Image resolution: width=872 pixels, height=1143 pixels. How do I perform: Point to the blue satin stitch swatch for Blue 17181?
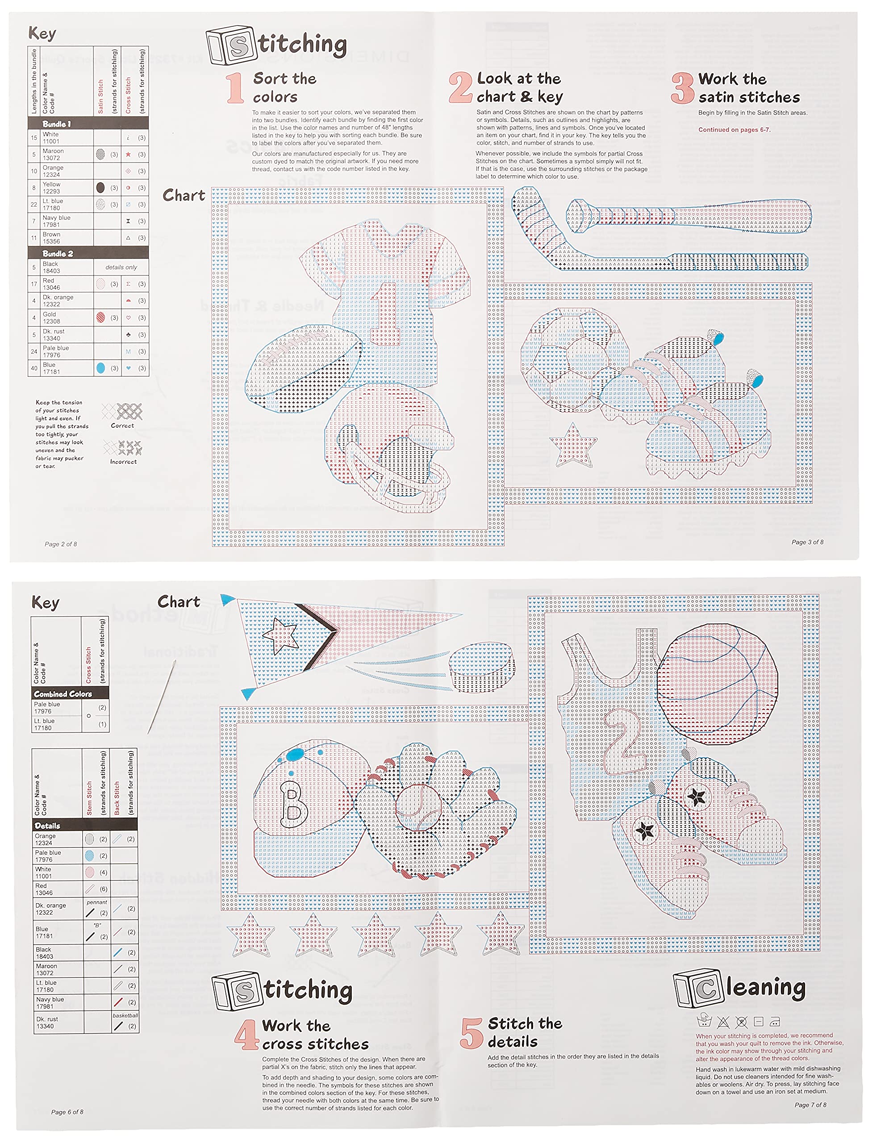[101, 368]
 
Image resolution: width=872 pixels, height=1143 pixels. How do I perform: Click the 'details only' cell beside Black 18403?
[121, 267]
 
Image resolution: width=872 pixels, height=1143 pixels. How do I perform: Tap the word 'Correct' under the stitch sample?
[122, 425]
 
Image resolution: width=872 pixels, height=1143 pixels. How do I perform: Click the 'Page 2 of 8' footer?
[61, 544]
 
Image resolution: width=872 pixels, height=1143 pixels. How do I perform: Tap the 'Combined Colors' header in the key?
[63, 694]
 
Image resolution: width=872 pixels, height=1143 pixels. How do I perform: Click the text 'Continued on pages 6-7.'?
[734, 130]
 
